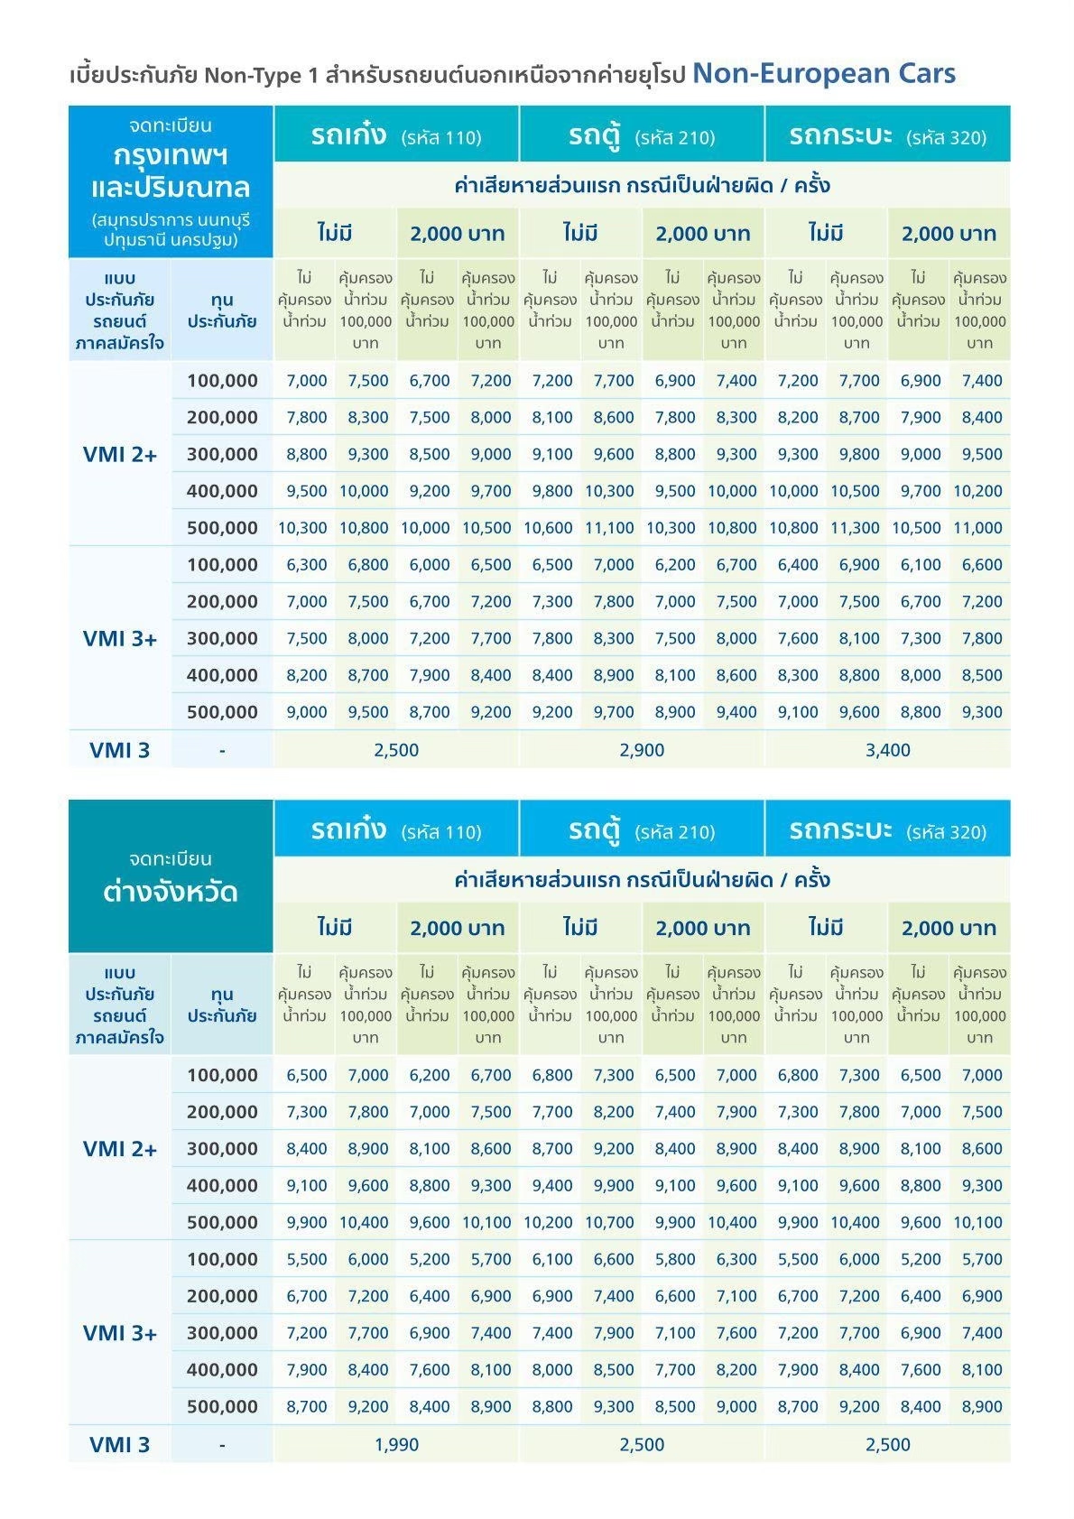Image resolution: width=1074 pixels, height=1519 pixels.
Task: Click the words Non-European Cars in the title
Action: click(823, 73)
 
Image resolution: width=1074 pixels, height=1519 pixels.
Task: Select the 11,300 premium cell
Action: click(855, 528)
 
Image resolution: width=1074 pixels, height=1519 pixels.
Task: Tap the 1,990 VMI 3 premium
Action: click(396, 1444)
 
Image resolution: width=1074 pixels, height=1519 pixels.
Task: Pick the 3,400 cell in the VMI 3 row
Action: click(887, 750)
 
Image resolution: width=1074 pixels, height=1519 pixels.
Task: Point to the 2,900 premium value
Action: click(642, 750)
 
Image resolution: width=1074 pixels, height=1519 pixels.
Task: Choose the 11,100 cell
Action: click(609, 528)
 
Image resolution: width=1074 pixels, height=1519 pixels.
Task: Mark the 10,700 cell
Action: click(609, 1223)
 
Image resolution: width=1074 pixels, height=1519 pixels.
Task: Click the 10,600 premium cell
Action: click(548, 528)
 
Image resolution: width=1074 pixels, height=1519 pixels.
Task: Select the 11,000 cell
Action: click(977, 528)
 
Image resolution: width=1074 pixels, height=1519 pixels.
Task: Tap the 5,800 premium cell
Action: click(674, 1259)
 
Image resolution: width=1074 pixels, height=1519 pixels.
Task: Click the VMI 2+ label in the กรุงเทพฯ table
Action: click(119, 455)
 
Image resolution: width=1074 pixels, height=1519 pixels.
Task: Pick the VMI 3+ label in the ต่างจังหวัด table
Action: click(119, 1333)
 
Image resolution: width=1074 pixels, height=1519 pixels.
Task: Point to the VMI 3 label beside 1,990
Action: click(119, 1445)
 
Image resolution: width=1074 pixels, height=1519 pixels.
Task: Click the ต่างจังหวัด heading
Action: click(170, 892)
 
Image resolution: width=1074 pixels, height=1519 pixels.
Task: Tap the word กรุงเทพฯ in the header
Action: click(170, 155)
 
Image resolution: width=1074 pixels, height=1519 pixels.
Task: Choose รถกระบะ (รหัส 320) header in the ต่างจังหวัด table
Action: click(887, 830)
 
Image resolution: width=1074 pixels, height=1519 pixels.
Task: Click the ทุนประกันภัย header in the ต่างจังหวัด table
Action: click(222, 1005)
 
